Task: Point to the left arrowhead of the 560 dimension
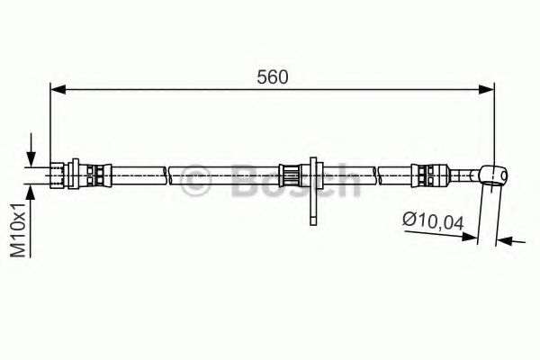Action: [57, 89]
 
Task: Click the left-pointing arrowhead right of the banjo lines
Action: [505, 241]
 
